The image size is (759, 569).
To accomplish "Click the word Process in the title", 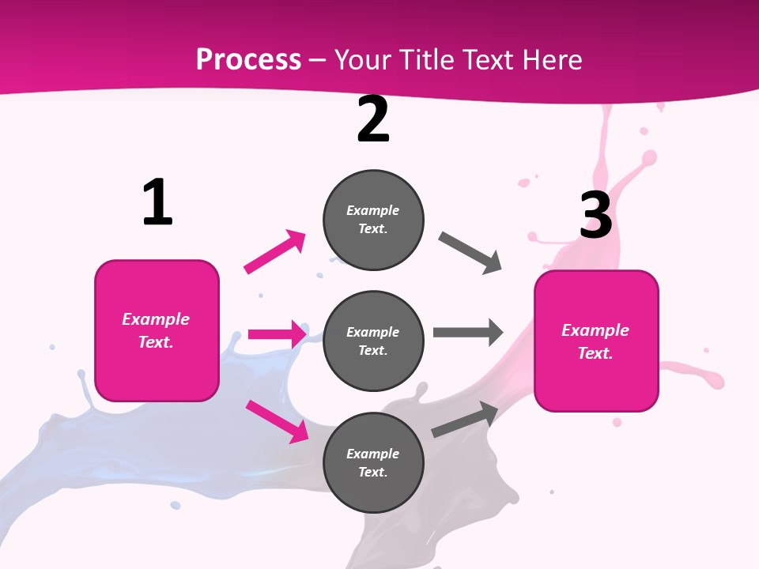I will coord(248,59).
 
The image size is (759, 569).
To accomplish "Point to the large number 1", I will coord(157,203).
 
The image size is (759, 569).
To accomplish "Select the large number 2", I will coord(373,120).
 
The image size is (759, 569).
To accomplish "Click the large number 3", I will coord(595,215).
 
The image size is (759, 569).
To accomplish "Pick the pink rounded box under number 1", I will coord(157,330).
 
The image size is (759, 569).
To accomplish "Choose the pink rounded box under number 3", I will coord(595,341).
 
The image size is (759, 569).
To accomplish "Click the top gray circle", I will coord(373,220).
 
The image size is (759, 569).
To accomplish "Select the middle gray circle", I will coord(373,341).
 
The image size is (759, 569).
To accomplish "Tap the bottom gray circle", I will coord(373,463).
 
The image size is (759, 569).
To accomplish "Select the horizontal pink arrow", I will coord(277,334).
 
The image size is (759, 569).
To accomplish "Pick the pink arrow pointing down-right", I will coord(278,421).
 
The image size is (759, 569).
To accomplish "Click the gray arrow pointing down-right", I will coord(470,253).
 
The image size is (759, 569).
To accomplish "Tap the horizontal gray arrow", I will coord(468,332).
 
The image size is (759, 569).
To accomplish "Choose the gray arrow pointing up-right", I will coord(465,419).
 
